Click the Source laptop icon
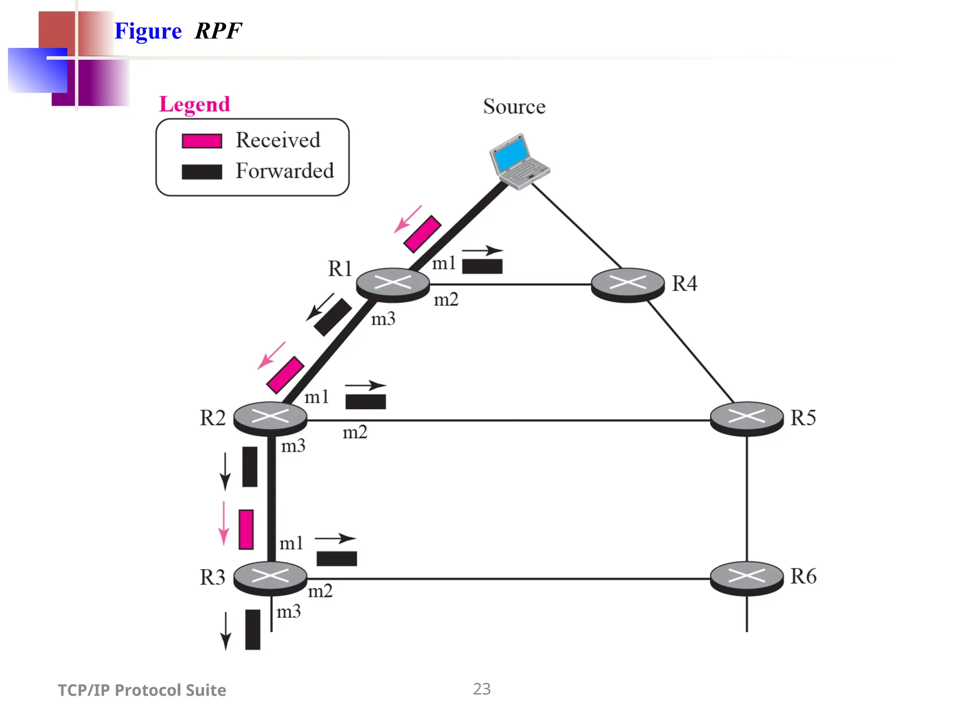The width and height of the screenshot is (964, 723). tap(519, 161)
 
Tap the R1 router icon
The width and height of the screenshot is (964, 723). tap(393, 284)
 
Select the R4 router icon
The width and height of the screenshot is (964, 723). tap(627, 284)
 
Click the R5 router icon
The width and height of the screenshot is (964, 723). tap(747, 418)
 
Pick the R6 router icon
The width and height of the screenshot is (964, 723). tap(747, 577)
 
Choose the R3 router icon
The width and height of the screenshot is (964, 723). tap(270, 577)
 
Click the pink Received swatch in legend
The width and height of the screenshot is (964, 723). tap(202, 141)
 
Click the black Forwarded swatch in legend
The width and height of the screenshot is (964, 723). tap(202, 172)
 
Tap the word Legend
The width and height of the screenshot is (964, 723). tap(194, 104)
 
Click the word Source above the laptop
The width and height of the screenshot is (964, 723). tap(514, 107)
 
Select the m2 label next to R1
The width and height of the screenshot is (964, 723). tap(446, 300)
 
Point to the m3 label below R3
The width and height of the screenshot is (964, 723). tap(289, 612)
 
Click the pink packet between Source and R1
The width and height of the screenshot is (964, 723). tap(422, 234)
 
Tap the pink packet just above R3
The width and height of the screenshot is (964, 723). tap(246, 530)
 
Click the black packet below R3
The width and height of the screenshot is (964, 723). tap(253, 629)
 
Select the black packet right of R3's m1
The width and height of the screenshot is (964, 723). tap(337, 559)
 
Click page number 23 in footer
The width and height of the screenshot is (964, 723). tap(482, 689)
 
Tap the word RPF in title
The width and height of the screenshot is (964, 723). tap(218, 32)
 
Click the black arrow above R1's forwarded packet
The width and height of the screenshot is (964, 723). tap(482, 250)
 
